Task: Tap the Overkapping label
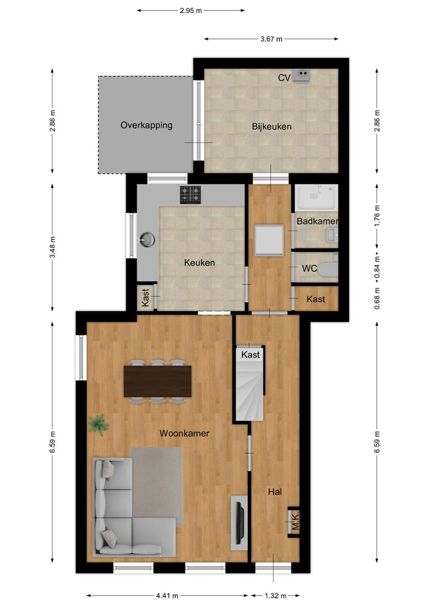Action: (146, 125)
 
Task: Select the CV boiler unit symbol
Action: (302, 76)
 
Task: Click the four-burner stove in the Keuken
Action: (191, 194)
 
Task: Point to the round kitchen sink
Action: (147, 240)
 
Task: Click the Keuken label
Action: (199, 262)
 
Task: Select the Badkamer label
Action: (317, 221)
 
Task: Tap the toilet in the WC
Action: (328, 269)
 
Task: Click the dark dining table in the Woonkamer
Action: (157, 381)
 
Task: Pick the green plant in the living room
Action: (98, 425)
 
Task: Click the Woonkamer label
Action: (184, 433)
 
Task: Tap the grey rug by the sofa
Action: (156, 483)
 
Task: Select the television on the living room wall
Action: (239, 523)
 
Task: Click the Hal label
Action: (275, 492)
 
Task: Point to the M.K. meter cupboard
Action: (294, 522)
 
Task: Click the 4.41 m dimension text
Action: (166, 595)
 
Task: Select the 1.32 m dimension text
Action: (275, 595)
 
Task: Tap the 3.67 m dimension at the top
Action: (271, 39)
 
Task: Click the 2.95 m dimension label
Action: (191, 10)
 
